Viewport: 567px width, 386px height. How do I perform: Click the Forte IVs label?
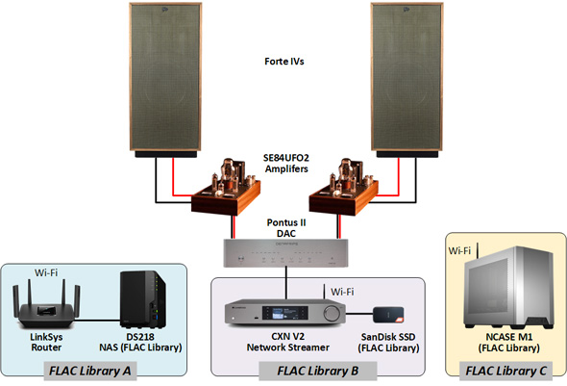[x=284, y=62]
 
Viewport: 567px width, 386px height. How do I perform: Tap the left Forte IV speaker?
[x=165, y=80]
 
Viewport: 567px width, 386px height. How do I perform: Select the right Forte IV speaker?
[x=407, y=80]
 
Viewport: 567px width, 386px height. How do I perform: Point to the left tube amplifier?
[x=226, y=187]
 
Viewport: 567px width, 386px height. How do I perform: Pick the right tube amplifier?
[x=343, y=187]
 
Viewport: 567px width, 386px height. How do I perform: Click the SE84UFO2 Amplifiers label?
[x=286, y=164]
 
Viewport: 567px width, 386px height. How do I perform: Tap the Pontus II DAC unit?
[x=285, y=253]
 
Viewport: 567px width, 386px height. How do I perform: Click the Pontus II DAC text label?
[x=286, y=228]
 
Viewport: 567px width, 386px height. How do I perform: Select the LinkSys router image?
[x=46, y=304]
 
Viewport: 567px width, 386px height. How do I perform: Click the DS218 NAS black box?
[x=143, y=299]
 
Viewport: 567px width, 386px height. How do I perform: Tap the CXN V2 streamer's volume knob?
[x=332, y=313]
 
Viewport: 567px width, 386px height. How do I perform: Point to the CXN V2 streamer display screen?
[x=285, y=313]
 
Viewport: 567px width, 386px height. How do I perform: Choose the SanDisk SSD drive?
[x=388, y=315]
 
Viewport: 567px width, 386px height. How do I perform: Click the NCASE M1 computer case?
[x=508, y=287]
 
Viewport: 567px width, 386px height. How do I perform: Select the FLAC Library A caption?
[x=90, y=371]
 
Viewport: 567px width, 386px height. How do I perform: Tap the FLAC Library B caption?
[x=318, y=371]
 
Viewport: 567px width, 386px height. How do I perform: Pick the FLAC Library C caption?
[x=505, y=371]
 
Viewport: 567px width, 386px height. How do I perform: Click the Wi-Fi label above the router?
[x=46, y=272]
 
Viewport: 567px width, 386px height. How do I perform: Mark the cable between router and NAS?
[x=97, y=321]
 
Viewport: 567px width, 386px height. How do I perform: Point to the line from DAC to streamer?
[x=286, y=283]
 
